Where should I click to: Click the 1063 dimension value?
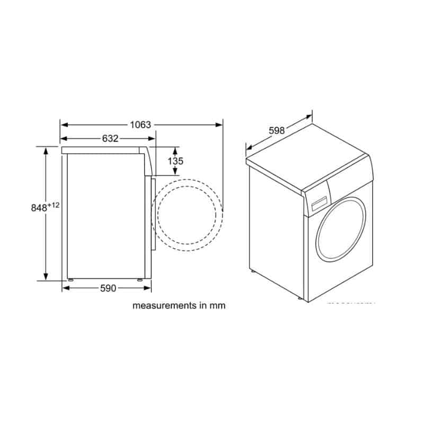[140, 125]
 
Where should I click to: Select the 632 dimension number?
[110, 138]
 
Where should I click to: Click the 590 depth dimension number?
[108, 288]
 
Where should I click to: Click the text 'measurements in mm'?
[179, 306]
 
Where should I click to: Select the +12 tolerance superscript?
[54, 205]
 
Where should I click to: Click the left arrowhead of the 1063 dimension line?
[63, 125]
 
